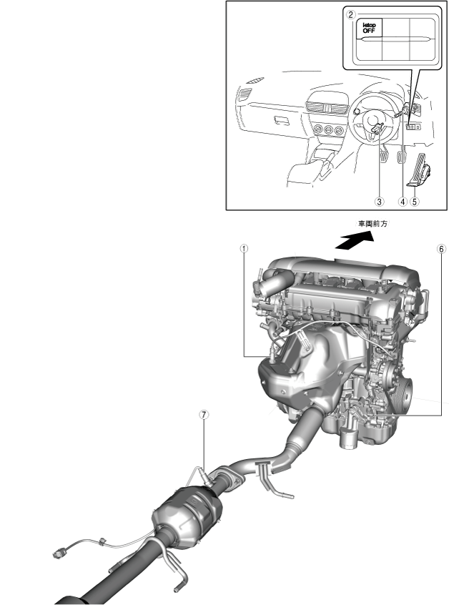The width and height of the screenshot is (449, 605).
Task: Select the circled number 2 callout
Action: (350, 15)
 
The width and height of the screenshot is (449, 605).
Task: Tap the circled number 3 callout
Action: (380, 201)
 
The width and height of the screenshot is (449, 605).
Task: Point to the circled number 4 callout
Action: (403, 201)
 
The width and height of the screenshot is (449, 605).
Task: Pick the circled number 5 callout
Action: (415, 201)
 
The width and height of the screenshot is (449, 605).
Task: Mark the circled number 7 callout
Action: (204, 414)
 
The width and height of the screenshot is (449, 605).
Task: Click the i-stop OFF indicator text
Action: (369, 28)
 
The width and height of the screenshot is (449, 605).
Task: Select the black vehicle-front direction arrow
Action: (354, 240)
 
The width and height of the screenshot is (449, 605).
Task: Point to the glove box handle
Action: (282, 120)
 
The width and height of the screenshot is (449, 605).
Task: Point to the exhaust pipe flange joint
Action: (228, 477)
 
